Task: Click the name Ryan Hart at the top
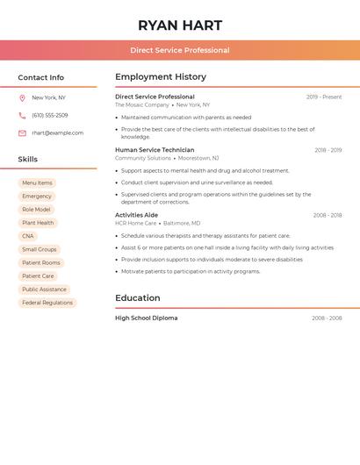click(x=180, y=25)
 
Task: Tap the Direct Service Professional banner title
click(x=180, y=50)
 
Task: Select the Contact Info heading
click(x=41, y=77)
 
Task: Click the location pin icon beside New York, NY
click(x=22, y=98)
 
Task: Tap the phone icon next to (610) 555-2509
click(x=22, y=116)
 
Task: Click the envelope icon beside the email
click(x=22, y=133)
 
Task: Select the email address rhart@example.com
click(x=57, y=133)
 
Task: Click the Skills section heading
click(x=28, y=160)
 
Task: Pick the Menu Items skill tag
click(x=37, y=183)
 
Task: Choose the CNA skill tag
click(x=28, y=236)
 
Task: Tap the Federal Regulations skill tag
click(x=47, y=303)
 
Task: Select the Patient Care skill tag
click(x=38, y=276)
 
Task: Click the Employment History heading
click(x=161, y=77)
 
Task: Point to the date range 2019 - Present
click(x=324, y=97)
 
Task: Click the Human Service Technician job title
click(x=155, y=150)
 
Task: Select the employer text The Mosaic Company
click(x=141, y=105)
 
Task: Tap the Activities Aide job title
click(x=136, y=215)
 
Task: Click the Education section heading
click(x=138, y=298)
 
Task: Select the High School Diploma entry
click(x=146, y=318)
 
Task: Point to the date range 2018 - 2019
click(x=328, y=150)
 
